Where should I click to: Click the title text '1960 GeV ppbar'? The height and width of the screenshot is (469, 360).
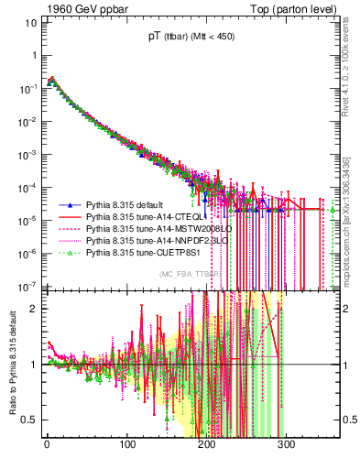point(57,9)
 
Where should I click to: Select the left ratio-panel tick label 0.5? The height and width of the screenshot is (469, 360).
point(27,420)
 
